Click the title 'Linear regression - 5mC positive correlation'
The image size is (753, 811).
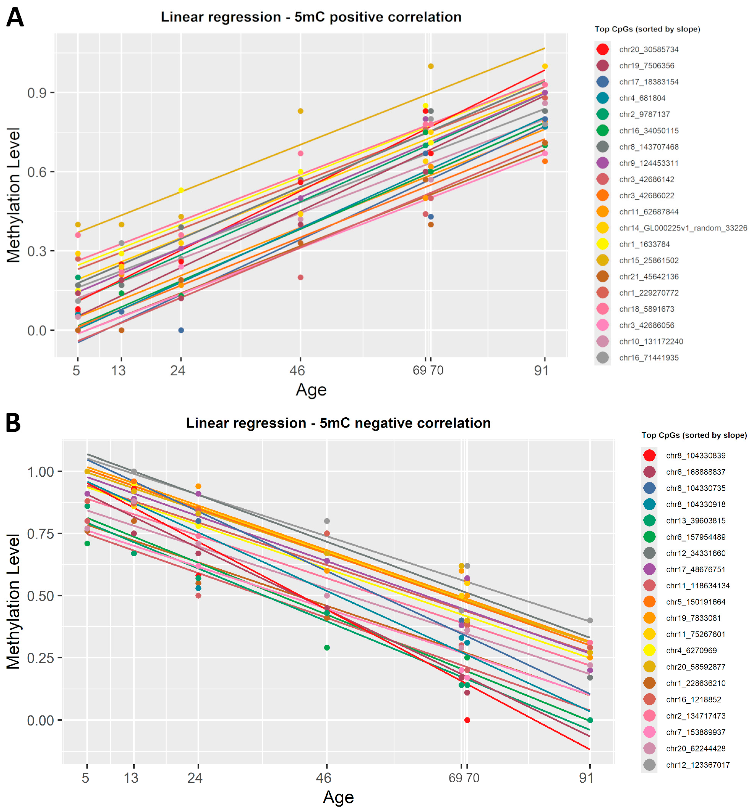tap(311, 17)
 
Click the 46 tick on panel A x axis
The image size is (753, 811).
tap(297, 370)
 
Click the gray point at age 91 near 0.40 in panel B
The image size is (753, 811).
tap(590, 620)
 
